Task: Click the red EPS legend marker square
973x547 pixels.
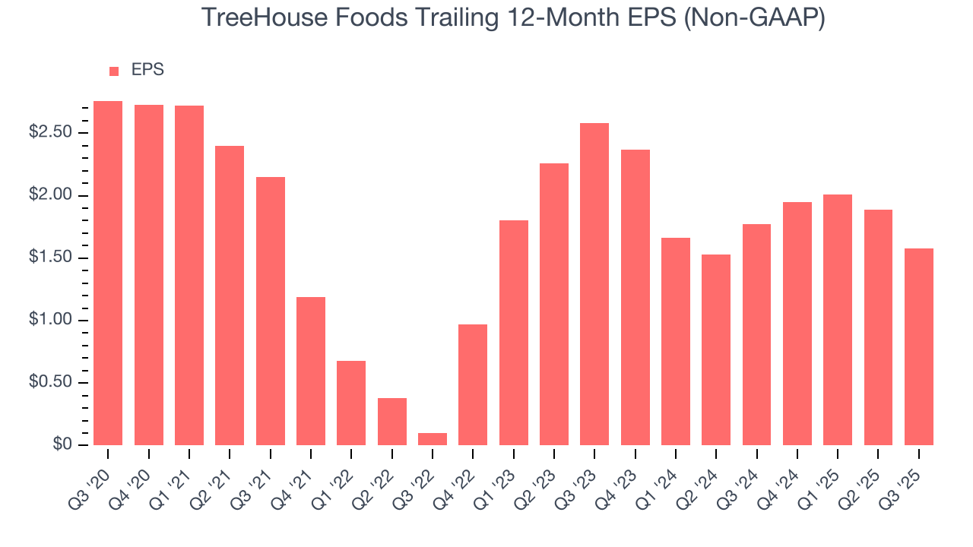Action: coord(114,71)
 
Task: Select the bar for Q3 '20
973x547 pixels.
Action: coord(108,273)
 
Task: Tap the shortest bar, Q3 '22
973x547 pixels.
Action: coord(433,438)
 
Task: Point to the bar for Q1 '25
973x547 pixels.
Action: coord(838,319)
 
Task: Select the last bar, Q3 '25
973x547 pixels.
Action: coord(918,346)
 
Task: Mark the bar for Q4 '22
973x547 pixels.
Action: coord(473,384)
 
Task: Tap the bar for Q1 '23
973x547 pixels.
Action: coord(514,332)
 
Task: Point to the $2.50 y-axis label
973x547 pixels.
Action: coord(49,133)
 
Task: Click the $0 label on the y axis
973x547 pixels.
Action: coord(62,444)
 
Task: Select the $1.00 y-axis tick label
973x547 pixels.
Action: coord(49,320)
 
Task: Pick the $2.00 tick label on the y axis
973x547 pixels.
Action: coord(49,195)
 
